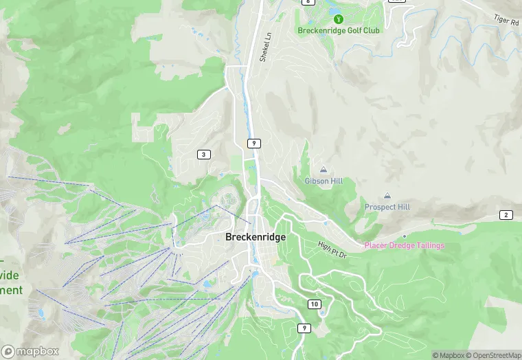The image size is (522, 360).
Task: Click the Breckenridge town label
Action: [255, 236]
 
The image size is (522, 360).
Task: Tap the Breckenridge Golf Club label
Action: [339, 30]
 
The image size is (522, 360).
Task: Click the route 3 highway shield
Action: [203, 154]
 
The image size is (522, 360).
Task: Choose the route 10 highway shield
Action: [315, 304]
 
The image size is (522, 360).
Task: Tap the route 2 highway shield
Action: [506, 215]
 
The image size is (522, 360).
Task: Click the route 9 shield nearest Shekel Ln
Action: [254, 143]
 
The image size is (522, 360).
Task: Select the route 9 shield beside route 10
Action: [304, 328]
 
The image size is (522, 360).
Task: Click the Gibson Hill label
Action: [324, 181]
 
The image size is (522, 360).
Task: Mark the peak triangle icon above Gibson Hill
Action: [324, 170]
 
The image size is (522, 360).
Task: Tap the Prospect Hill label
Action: [387, 207]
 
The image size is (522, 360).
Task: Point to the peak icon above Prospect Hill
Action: [387, 196]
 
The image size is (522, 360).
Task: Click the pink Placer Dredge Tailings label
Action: [404, 245]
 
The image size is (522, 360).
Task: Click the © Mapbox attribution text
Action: [448, 355]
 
